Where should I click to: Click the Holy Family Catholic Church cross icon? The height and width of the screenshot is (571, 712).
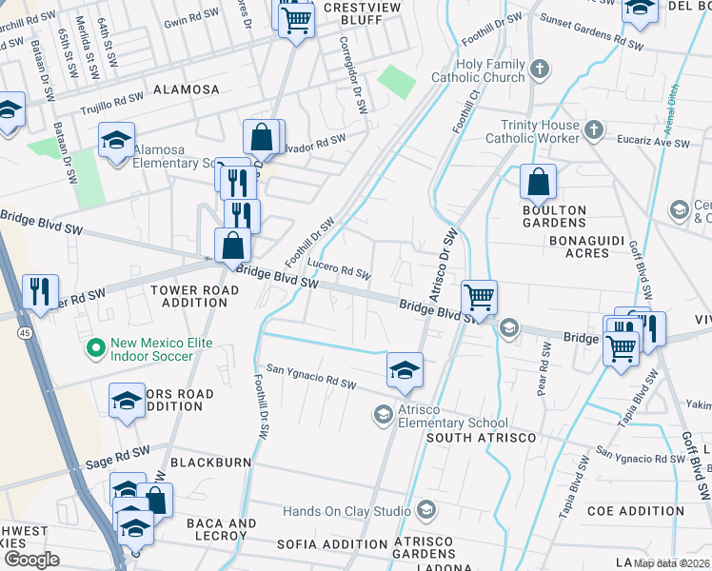pyautogui.click(x=540, y=69)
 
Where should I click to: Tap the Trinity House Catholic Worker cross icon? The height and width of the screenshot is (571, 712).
pyautogui.click(x=593, y=129)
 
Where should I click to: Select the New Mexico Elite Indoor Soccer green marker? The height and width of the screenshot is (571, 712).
pyautogui.click(x=94, y=349)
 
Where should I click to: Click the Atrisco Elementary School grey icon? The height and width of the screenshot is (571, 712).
pyautogui.click(x=383, y=414)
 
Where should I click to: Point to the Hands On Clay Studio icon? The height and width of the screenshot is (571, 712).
pyautogui.click(x=425, y=510)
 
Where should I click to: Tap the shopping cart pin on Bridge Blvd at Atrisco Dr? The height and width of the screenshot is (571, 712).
pyautogui.click(x=480, y=297)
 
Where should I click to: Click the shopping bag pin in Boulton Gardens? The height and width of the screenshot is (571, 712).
pyautogui.click(x=538, y=181)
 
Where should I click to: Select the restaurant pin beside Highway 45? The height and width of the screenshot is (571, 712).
pyautogui.click(x=40, y=290)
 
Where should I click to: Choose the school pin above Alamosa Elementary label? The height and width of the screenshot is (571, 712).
pyautogui.click(x=117, y=141)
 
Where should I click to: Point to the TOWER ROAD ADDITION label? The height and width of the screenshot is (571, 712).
pyautogui.click(x=189, y=296)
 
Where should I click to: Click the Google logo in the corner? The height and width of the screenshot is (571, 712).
pyautogui.click(x=32, y=559)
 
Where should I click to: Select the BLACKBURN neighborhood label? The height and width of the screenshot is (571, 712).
pyautogui.click(x=210, y=463)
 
